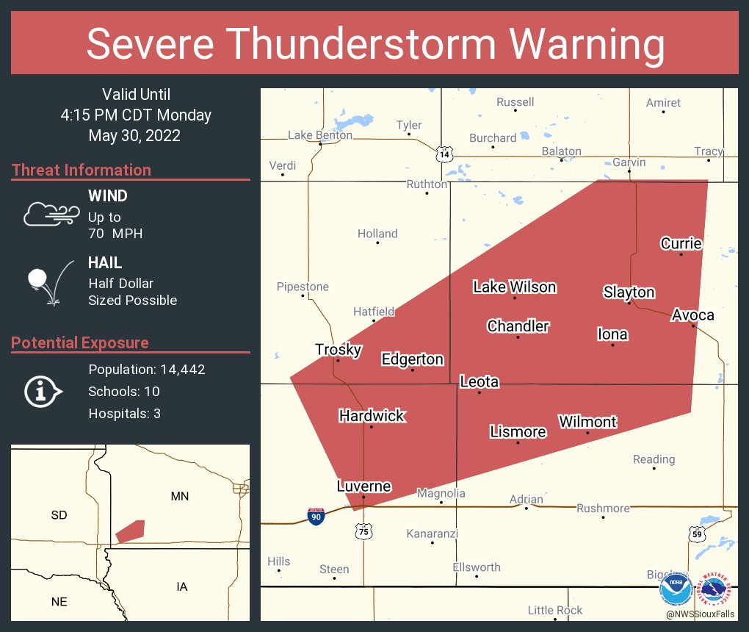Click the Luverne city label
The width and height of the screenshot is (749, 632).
tap(363, 486)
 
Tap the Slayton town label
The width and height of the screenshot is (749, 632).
tap(629, 292)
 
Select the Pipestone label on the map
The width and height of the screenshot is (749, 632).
tap(303, 287)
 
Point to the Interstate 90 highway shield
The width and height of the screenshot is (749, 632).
tap(316, 517)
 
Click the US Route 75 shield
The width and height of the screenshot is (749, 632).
tap(364, 531)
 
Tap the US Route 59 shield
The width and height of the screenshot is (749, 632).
tap(697, 534)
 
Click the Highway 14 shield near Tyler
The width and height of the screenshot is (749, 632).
tap(444, 154)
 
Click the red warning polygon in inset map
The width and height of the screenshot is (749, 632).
tap(131, 531)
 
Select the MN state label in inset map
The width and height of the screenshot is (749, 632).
tap(179, 496)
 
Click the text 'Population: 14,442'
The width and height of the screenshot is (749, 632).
tap(146, 369)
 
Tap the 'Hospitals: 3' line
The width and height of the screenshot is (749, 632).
tap(124, 413)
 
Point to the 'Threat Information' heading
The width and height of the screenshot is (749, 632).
tap(82, 170)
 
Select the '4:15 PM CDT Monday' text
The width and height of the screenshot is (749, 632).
tap(136, 115)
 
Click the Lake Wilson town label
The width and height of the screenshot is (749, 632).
tap(514, 287)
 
